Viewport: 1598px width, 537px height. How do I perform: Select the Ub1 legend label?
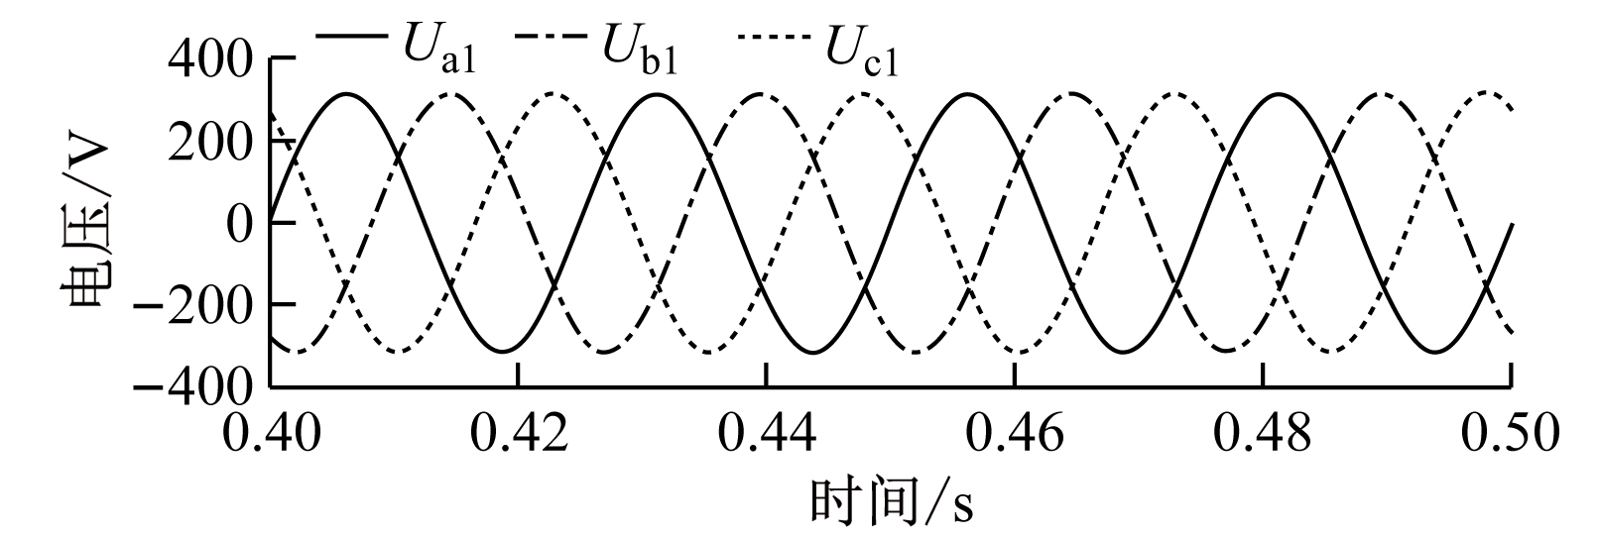[x=639, y=49]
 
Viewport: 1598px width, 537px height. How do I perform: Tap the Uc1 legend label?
[x=862, y=50]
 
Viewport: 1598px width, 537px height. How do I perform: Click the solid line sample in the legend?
[x=351, y=36]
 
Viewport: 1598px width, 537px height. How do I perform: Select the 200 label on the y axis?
[x=210, y=144]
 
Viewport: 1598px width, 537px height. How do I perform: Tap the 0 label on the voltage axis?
[x=240, y=224]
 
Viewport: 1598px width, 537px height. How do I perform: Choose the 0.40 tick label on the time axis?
[x=272, y=432]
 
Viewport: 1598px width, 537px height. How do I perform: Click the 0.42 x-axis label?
[x=520, y=432]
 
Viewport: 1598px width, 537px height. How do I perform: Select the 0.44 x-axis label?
[x=767, y=432]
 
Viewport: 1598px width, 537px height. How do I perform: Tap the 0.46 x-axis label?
[x=1015, y=432]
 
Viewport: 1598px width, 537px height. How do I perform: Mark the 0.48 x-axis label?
[x=1263, y=432]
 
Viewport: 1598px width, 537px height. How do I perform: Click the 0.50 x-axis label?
[x=1511, y=432]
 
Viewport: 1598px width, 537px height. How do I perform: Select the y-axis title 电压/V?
[x=85, y=224]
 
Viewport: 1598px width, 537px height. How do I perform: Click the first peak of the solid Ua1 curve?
[x=347, y=94]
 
